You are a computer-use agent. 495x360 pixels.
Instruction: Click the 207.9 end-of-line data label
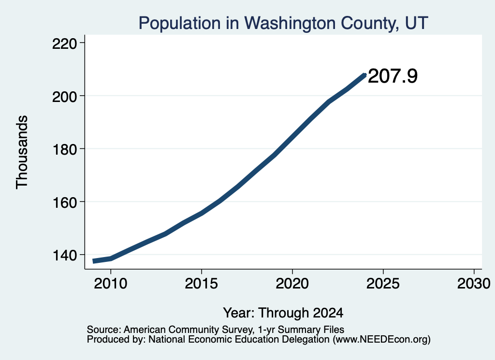point(393,76)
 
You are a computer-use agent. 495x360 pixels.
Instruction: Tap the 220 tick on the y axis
point(65,44)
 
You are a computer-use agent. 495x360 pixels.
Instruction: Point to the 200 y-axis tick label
point(65,97)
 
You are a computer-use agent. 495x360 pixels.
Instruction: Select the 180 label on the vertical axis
point(65,149)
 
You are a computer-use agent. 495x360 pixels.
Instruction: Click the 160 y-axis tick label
point(65,202)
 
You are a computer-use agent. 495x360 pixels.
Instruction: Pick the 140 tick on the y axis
point(65,256)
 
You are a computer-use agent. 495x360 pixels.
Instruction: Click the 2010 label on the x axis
point(111,284)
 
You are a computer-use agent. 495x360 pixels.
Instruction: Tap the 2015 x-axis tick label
point(202,284)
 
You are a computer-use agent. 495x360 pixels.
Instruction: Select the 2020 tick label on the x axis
point(292,284)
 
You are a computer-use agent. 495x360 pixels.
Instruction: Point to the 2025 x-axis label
point(383,284)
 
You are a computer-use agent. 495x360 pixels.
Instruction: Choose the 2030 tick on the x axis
point(474,284)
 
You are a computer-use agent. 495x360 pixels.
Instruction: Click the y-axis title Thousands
point(22,152)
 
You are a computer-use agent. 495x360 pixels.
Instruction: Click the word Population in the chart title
point(180,23)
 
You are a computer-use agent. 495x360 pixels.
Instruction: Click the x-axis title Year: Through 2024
point(283,313)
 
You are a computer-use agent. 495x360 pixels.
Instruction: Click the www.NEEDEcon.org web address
point(381,339)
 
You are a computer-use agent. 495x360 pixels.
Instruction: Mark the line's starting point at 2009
point(93,261)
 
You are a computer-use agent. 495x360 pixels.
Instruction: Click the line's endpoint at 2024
point(364,75)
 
